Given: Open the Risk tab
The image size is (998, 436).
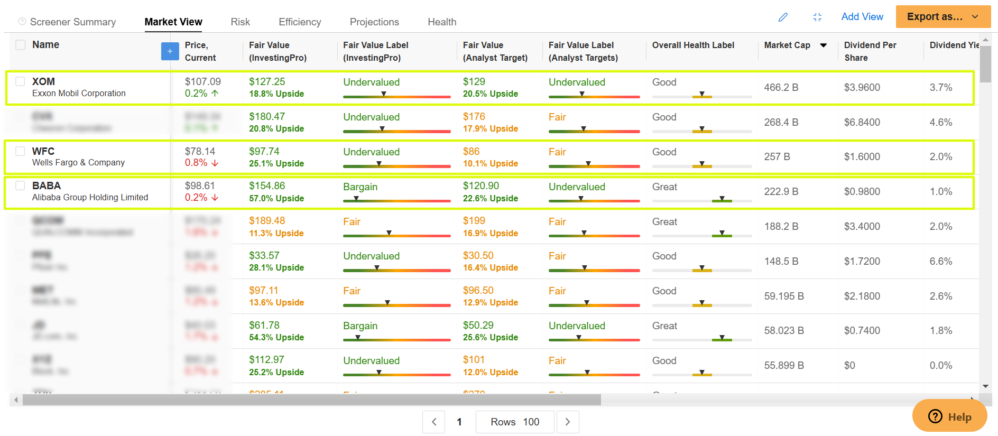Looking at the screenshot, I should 240,22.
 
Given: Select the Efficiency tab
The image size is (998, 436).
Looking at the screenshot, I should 300,22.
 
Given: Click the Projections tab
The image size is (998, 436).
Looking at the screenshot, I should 374,22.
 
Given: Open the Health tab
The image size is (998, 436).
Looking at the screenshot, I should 442,22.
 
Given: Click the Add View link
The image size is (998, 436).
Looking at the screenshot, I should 862,16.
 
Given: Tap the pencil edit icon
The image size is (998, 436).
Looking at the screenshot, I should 783,17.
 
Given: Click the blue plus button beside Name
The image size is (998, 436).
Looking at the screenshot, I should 170,51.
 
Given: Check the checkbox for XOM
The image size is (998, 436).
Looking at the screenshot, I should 20,81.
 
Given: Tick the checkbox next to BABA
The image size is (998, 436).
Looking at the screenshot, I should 20,185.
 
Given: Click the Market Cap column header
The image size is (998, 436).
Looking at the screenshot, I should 787,45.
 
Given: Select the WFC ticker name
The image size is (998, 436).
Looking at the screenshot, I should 43,151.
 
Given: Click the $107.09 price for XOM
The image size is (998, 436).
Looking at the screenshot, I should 203,81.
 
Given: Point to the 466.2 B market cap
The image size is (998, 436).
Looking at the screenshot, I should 781,87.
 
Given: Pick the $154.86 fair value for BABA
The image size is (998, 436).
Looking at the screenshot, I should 267,185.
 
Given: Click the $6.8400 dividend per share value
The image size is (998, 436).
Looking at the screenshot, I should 862,122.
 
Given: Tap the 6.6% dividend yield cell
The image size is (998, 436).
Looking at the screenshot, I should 940,261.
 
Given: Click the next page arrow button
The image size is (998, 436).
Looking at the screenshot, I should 567,422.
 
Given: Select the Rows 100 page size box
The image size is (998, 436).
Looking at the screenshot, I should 514,422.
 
